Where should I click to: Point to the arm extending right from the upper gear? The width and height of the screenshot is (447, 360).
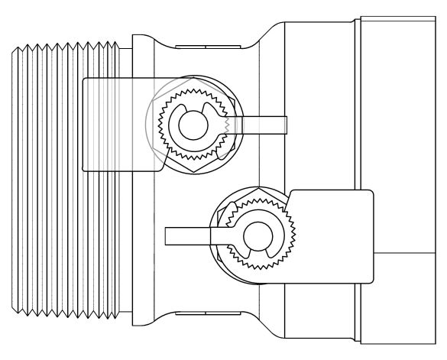tap(264, 123)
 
